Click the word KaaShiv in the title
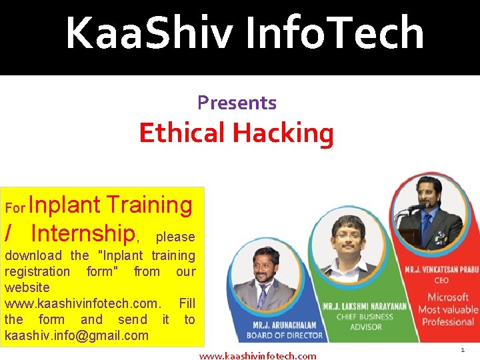(149, 32)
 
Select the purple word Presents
(237, 103)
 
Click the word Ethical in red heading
(182, 132)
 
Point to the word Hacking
(283, 134)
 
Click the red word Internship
(83, 233)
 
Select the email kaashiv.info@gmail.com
(77, 335)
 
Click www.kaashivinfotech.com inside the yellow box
(83, 303)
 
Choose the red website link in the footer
(257, 356)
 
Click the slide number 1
(463, 350)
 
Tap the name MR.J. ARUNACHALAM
(285, 325)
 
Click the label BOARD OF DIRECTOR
(285, 335)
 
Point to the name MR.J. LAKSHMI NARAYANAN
(365, 307)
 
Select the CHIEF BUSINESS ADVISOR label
(365, 322)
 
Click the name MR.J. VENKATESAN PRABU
(442, 269)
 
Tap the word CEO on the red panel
(441, 281)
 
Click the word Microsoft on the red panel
(448, 297)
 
